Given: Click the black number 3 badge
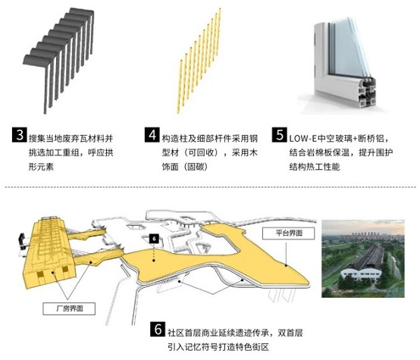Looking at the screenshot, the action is pyautogui.click(x=20, y=135).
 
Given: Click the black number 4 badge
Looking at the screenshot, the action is pyautogui.click(x=152, y=135).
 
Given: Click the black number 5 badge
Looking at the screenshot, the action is pyautogui.click(x=280, y=135).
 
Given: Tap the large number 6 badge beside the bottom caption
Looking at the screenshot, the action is pyautogui.click(x=158, y=329).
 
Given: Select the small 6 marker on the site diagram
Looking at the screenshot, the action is pyautogui.click(x=154, y=239).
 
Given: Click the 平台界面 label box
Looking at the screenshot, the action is pyautogui.click(x=289, y=233).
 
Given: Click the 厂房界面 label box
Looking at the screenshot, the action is pyautogui.click(x=69, y=308).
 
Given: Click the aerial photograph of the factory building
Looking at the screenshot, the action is pyautogui.click(x=363, y=258).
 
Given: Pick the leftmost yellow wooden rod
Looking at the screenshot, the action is pyautogui.click(x=180, y=86).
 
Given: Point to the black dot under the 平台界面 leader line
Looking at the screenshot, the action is pyautogui.click(x=286, y=265).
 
